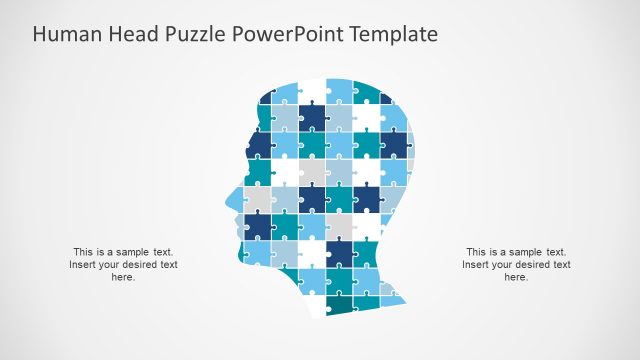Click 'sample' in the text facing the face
129,252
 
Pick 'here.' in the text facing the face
123,277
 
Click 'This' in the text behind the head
478,252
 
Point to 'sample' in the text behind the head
522,252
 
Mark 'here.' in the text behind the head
516,277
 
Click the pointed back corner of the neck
405,300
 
